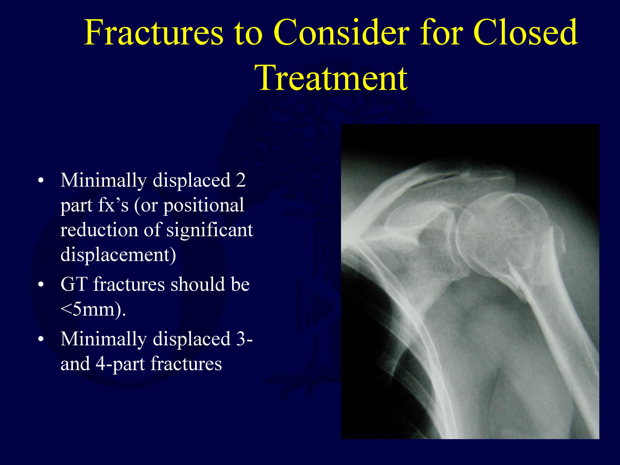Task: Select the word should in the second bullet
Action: click(x=198, y=284)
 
